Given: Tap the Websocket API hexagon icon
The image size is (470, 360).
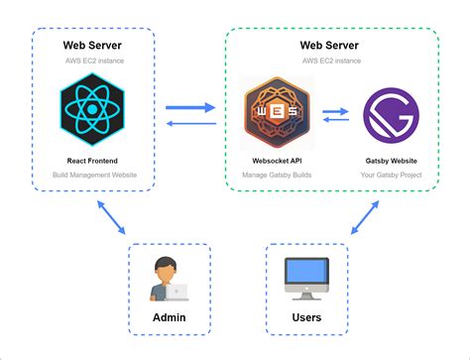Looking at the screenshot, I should [277, 112].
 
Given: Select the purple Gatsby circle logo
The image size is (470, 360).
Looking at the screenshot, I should [388, 115].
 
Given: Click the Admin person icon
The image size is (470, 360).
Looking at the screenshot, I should [166, 279].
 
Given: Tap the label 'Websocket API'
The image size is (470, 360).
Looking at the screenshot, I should [277, 159].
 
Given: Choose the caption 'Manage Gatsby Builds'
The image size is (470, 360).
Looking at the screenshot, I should [277, 175].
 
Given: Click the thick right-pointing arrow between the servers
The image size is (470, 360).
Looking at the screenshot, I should [191, 106].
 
